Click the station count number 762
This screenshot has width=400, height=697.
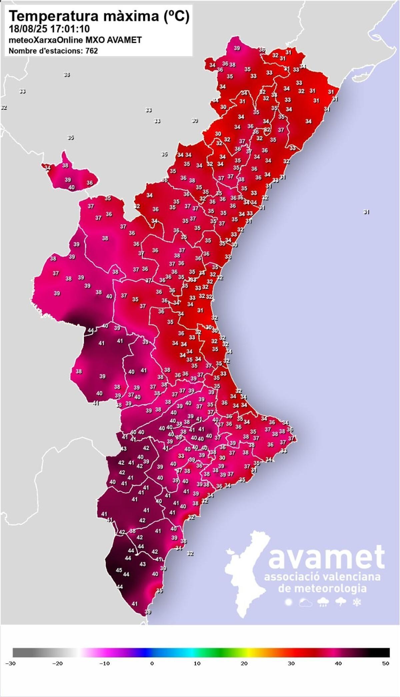pos(92,51)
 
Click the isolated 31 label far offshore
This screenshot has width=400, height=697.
pos(366,212)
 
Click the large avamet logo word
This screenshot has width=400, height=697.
pos(326,558)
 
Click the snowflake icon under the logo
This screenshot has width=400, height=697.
pos(357,602)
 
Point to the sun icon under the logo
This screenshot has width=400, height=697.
pos(288,602)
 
